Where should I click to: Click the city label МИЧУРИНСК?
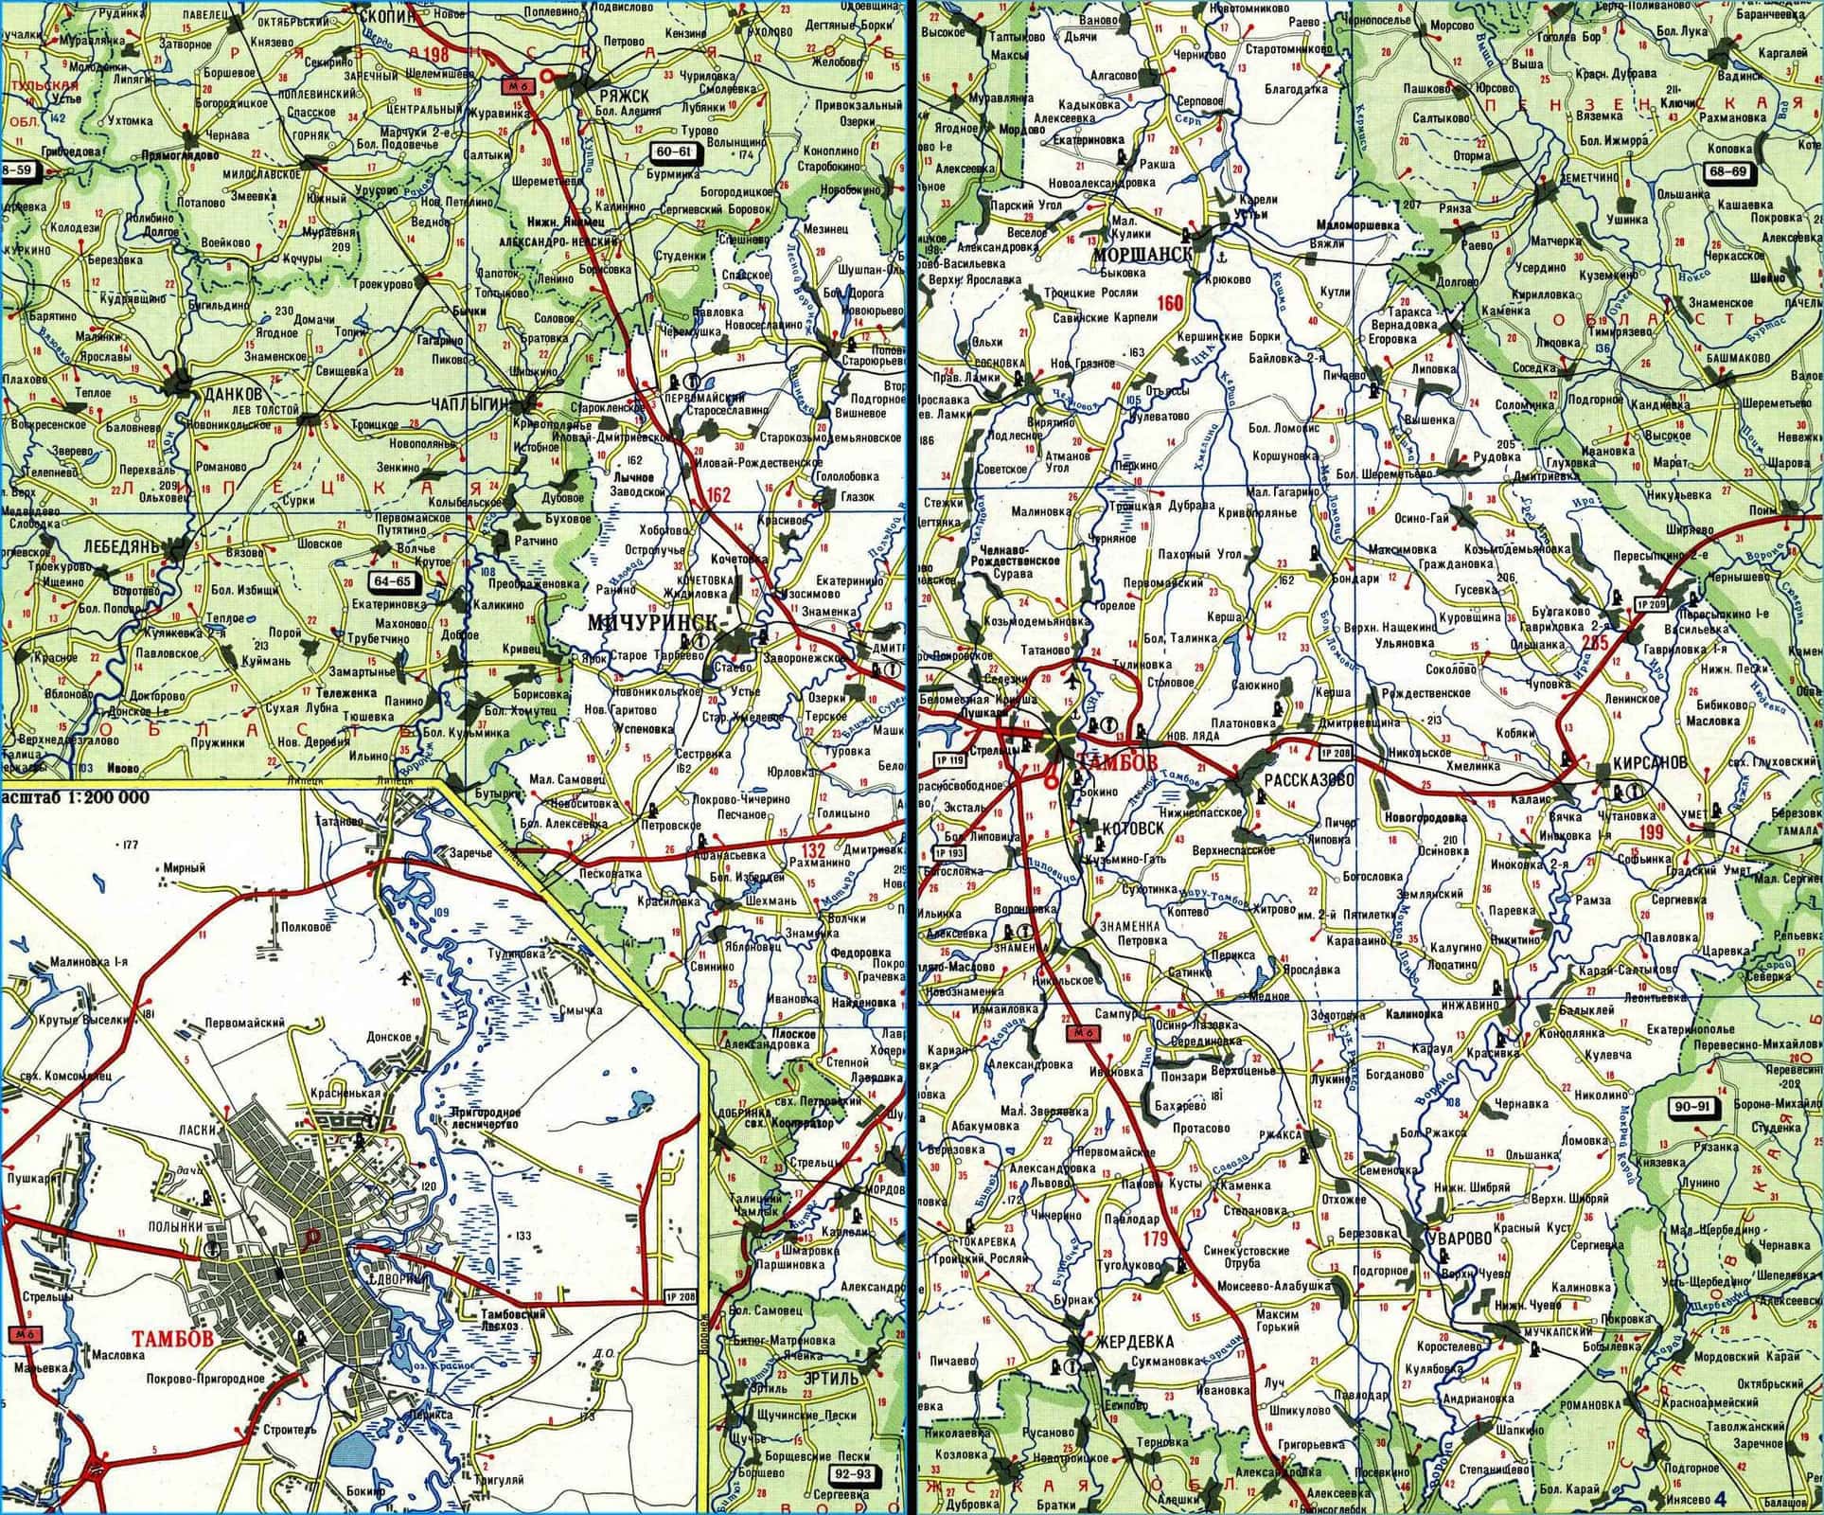[x=652, y=622]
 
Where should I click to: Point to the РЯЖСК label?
[x=624, y=98]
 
